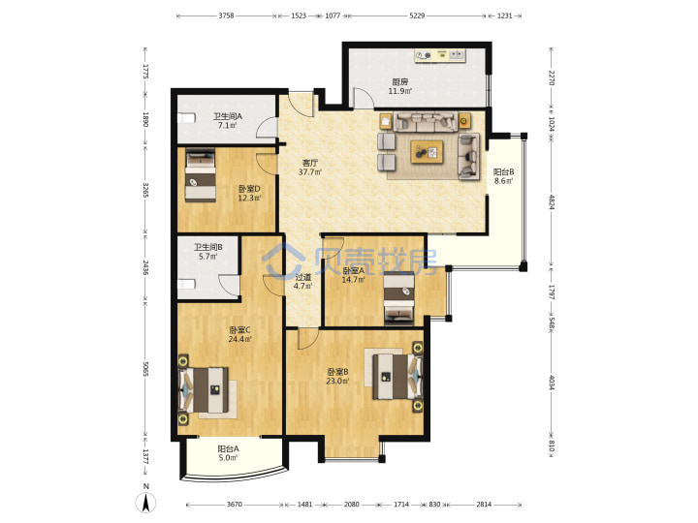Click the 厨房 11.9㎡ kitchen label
(399, 86)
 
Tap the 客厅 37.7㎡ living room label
(310, 168)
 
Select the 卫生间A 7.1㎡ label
(228, 120)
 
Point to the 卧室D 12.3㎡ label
(249, 194)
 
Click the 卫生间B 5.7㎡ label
(207, 251)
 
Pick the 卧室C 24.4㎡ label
(240, 334)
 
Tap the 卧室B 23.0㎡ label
(337, 376)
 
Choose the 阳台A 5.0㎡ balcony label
(228, 453)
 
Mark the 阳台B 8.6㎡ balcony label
(503, 176)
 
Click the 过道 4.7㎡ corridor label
(302, 282)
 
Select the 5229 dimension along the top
(417, 15)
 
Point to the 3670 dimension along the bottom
(235, 505)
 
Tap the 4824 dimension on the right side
(551, 201)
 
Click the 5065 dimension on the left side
(145, 369)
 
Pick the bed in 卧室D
(201, 174)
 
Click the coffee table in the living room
(427, 152)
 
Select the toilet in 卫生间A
(186, 118)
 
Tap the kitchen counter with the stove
(440, 55)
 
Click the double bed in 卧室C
(204, 389)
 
